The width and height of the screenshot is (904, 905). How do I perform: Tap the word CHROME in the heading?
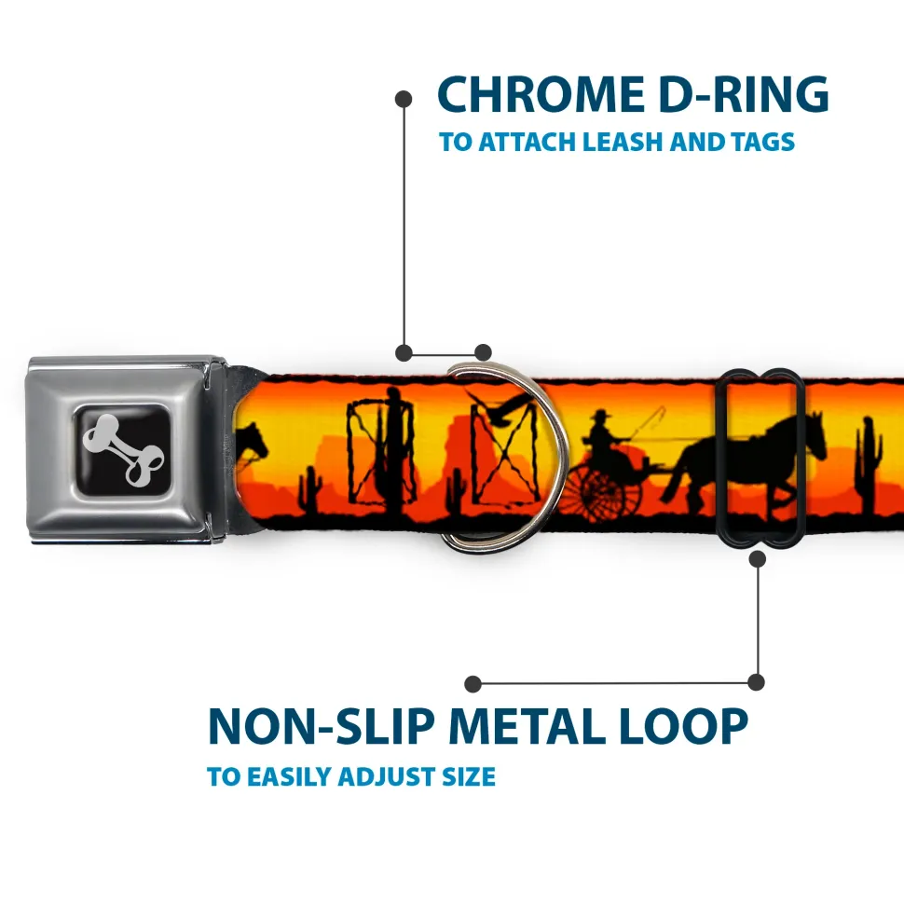pos(541,94)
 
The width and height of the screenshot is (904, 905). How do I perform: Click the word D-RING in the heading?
pos(744,94)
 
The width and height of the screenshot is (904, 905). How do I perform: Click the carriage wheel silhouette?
pos(602,491)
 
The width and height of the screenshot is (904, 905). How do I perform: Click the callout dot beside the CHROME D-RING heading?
pos(404,99)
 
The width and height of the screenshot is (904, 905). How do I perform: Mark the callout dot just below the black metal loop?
pos(758,558)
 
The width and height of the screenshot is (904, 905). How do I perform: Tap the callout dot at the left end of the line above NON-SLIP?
pos(473,684)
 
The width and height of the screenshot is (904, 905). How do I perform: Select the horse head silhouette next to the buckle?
pos(253,443)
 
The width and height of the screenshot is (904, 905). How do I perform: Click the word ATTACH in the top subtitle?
pos(527,142)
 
